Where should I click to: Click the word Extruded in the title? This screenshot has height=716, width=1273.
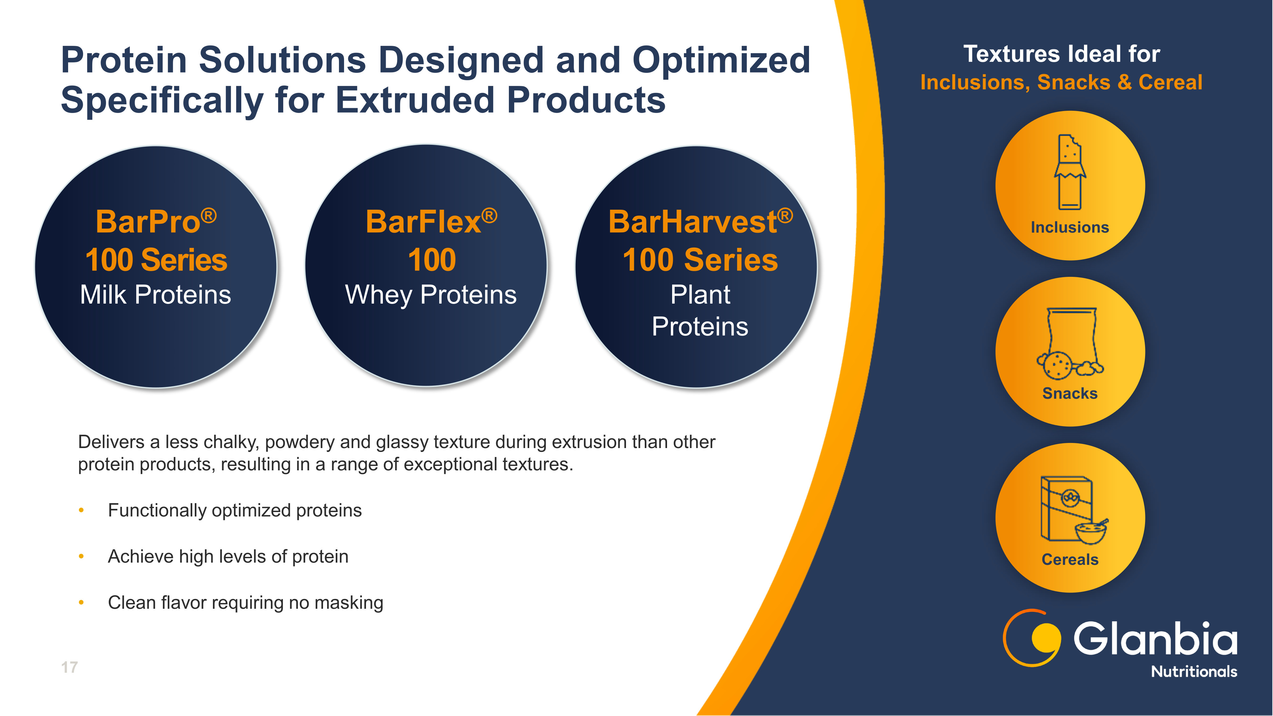[x=416, y=100]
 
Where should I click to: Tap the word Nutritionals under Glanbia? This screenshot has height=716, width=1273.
[x=1194, y=671]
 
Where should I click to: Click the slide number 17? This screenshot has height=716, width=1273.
[x=69, y=668]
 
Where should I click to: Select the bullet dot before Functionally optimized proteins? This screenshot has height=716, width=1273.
[x=81, y=510]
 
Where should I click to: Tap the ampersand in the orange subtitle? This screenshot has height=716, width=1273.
[x=1125, y=82]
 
